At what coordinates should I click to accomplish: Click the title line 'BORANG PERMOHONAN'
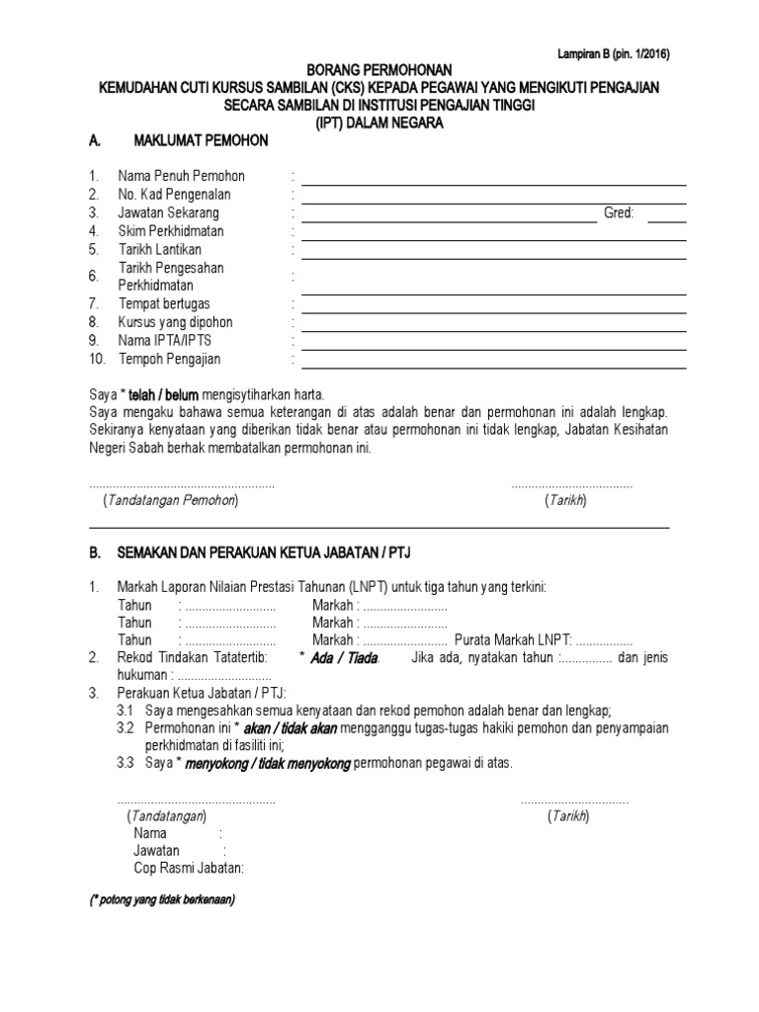[x=379, y=71]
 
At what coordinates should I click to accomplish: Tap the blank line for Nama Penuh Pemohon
[x=493, y=184]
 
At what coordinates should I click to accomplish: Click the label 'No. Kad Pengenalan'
[x=174, y=195]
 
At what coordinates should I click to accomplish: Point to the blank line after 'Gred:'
[x=667, y=221]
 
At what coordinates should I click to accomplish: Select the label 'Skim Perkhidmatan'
[x=171, y=231]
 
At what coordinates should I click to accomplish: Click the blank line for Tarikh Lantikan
[x=493, y=257]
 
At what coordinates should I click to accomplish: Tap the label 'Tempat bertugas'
[x=164, y=303]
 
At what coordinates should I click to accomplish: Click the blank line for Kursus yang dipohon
[x=493, y=330]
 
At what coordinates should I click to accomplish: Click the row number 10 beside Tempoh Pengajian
[x=96, y=359]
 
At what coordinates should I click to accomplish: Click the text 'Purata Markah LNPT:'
[x=514, y=639]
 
